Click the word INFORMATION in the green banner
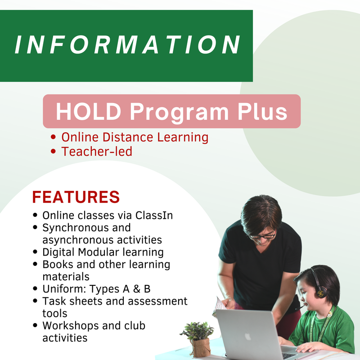(x=128, y=45)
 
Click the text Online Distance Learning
(x=135, y=137)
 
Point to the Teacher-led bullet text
(x=97, y=152)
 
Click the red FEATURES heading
(x=76, y=197)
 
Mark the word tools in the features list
(x=54, y=313)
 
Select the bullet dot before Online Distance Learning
(x=54, y=138)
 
